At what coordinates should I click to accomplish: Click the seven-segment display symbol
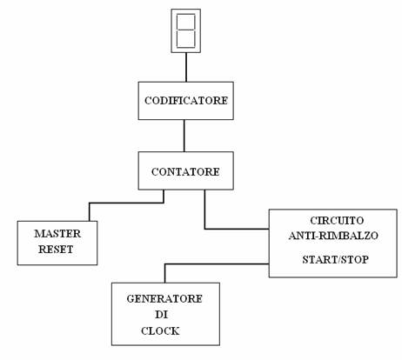(x=186, y=30)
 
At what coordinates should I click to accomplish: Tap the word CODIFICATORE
(x=186, y=101)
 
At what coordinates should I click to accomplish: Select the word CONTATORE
(x=185, y=171)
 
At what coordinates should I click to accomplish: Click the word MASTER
(x=57, y=234)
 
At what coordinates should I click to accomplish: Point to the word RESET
(x=56, y=250)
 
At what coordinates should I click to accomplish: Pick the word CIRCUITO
(x=337, y=221)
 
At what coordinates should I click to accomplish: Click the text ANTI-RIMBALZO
(x=333, y=236)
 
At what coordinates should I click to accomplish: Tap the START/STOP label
(x=335, y=259)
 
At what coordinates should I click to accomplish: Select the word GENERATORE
(x=164, y=299)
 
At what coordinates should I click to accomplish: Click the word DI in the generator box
(x=161, y=315)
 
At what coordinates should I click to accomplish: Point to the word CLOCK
(x=160, y=330)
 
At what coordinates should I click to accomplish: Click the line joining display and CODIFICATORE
(x=186, y=67)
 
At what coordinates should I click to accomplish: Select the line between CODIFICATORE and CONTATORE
(x=184, y=136)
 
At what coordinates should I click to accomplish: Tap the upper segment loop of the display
(x=186, y=14)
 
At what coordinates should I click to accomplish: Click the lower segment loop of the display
(x=186, y=47)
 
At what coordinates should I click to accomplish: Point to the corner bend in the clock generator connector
(x=164, y=264)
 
